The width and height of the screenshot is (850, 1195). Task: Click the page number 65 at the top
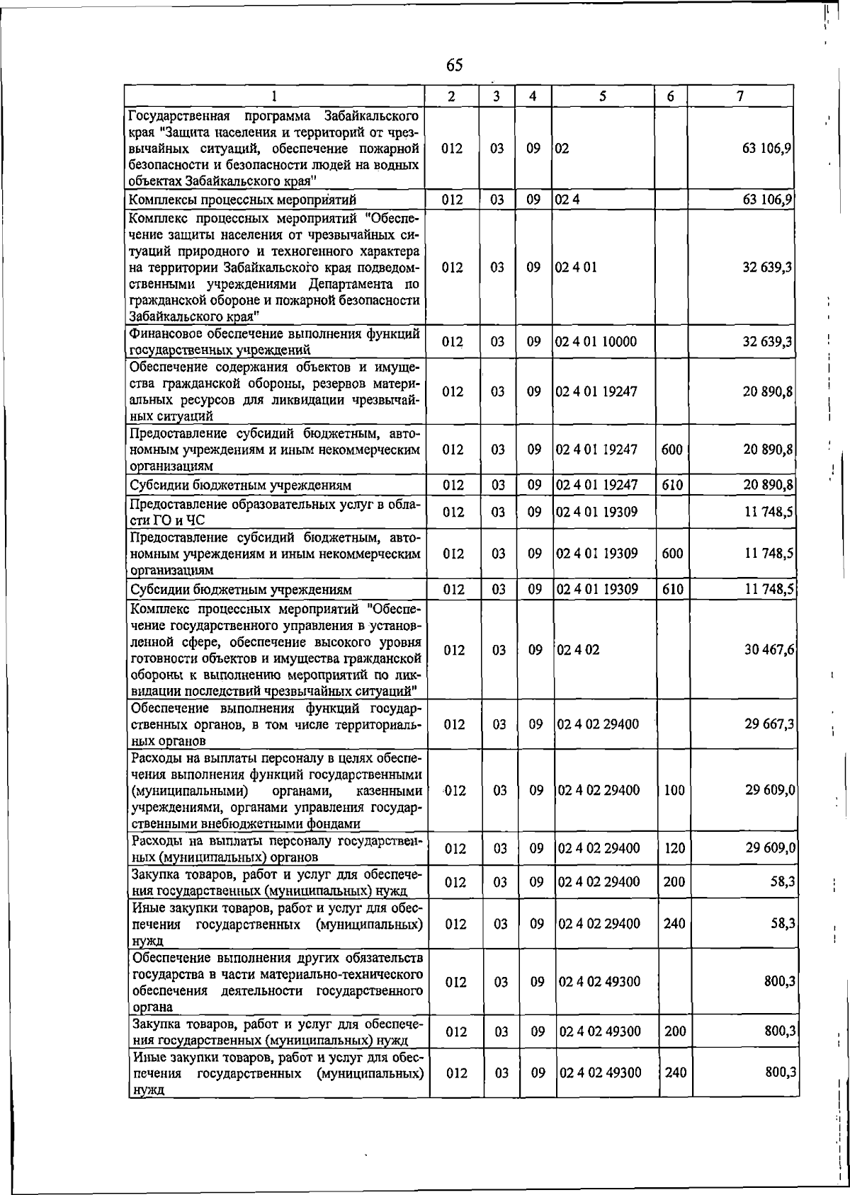click(454, 66)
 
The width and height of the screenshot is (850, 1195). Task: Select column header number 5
click(601, 96)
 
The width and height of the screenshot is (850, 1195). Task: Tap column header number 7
click(739, 96)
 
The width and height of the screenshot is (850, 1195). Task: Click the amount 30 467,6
click(769, 650)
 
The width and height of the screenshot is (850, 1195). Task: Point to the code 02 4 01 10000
click(596, 342)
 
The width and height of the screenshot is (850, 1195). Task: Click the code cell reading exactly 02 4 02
click(578, 650)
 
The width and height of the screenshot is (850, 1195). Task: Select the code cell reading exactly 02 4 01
click(576, 268)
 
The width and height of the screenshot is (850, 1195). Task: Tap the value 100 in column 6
click(674, 791)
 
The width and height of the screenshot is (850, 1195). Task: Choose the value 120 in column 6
click(674, 848)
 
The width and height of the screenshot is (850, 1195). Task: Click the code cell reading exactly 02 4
click(567, 200)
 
